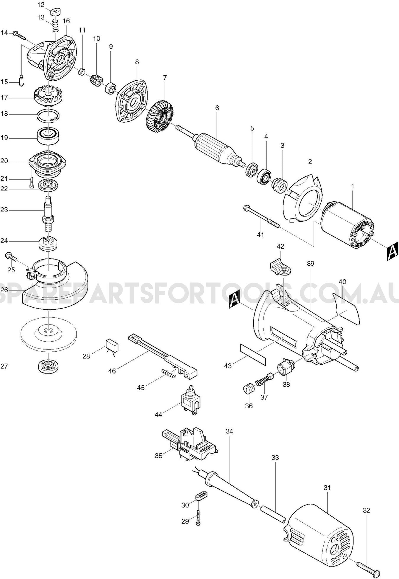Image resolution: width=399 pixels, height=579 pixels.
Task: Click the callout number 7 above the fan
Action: [x=165, y=78]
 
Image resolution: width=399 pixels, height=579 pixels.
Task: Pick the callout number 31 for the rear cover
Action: [x=327, y=488]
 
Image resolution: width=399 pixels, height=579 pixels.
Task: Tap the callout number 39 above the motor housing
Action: [x=310, y=263]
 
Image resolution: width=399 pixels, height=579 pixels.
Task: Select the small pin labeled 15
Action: [x=21, y=81]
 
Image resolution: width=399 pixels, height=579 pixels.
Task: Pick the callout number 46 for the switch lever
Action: [x=112, y=371]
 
